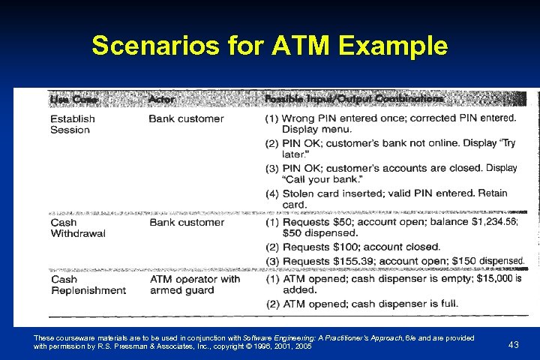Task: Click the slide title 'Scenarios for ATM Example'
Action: pos(269,46)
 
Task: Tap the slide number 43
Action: pos(513,344)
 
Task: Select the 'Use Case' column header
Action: pos(73,99)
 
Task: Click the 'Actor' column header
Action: pos(163,99)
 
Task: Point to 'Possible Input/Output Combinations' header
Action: pos(353,99)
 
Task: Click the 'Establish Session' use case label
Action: pos(72,124)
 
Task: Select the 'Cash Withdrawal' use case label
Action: pos(77,227)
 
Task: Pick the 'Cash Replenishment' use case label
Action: pos(88,284)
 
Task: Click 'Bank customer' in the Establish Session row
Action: pos(186,118)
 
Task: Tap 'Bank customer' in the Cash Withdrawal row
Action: pos(186,222)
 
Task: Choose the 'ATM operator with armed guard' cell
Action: pos(195,284)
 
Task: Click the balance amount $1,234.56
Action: pos(491,222)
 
